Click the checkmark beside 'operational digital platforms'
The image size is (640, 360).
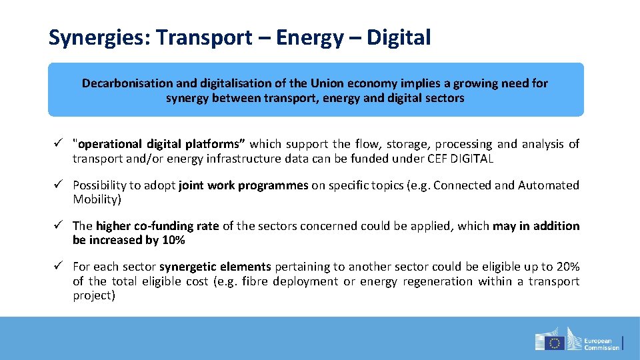point(59,143)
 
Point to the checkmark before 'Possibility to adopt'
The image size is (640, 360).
point(59,185)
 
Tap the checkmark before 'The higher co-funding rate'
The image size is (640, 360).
point(59,226)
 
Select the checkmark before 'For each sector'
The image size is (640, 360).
point(59,267)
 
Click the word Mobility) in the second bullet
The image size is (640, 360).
point(96,199)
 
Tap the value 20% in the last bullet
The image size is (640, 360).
point(567,267)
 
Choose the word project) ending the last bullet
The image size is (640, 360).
point(94,295)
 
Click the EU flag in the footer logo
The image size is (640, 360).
point(554,343)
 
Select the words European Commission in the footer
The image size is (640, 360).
point(602,343)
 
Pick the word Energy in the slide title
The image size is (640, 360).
point(308,39)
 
